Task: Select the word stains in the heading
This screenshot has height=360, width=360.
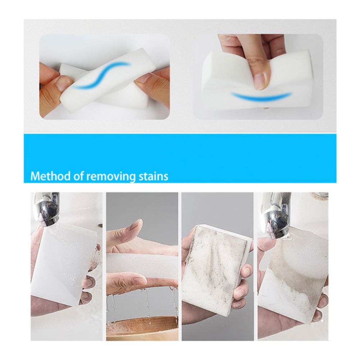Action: [154, 176]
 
